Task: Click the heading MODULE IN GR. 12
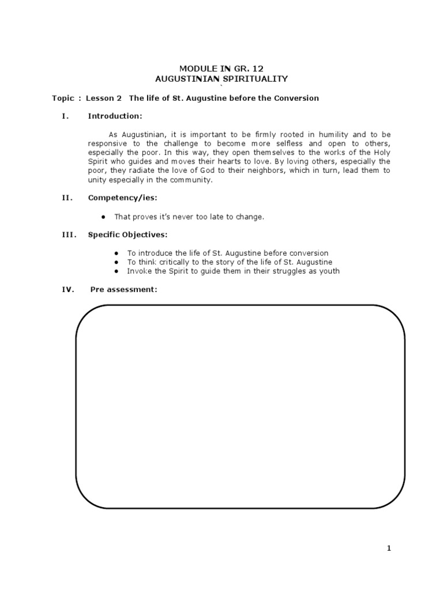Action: (222, 68)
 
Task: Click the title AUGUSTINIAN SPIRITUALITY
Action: (222, 78)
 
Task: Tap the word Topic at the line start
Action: (63, 98)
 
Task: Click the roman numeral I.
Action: (65, 116)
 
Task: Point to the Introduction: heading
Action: (115, 116)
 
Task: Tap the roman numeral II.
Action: (67, 198)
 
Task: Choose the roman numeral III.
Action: (68, 235)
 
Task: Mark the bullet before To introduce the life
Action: (117, 253)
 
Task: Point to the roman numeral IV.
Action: (68, 289)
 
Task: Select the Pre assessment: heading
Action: (123, 289)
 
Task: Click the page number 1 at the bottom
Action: (389, 549)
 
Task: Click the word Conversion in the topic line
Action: (298, 98)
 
